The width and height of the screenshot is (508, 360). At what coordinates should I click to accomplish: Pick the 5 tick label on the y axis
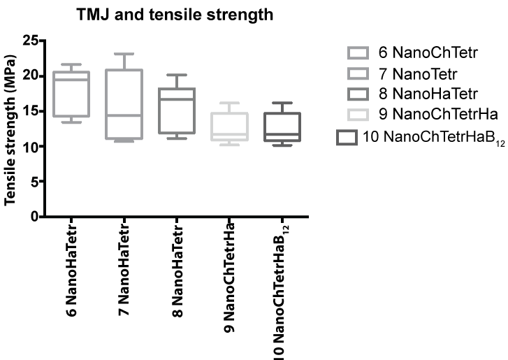(33, 181)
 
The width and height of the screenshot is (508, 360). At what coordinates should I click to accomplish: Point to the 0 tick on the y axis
(33, 217)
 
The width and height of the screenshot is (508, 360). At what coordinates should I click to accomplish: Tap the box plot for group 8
(177, 110)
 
